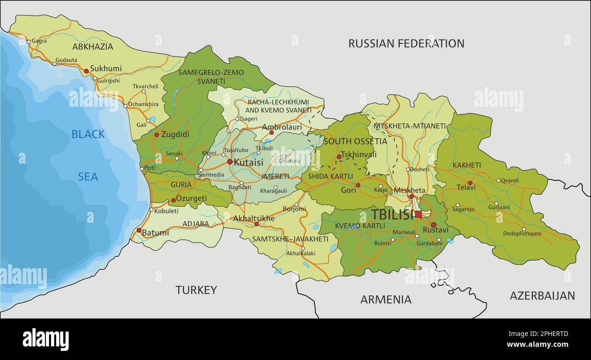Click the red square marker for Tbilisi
click(418, 214)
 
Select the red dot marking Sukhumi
click(86, 71)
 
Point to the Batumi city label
click(155, 233)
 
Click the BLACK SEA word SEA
click(88, 177)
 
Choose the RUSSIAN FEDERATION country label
click(406, 43)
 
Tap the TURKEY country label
click(196, 290)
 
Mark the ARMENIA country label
click(386, 300)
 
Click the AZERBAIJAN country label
click(542, 295)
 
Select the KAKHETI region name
click(466, 165)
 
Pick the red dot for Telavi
click(471, 183)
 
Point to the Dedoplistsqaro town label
click(522, 234)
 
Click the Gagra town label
click(39, 41)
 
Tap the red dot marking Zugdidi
click(157, 135)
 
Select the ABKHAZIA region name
click(92, 46)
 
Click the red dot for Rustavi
click(433, 225)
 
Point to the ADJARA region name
click(195, 224)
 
